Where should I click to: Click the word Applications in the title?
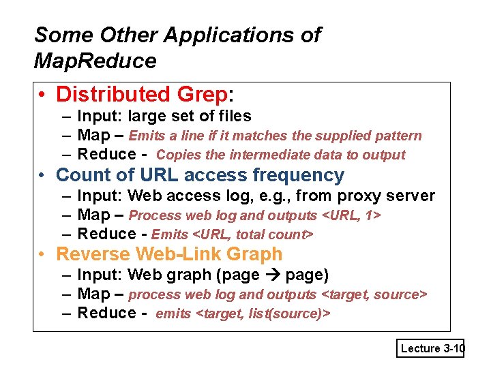tap(233, 35)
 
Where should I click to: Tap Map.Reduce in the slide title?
tap(95, 61)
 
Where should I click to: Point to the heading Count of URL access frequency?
tap(200, 175)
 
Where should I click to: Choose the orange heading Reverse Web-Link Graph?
tap(169, 254)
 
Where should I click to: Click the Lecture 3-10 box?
tap(431, 348)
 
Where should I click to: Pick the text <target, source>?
tap(374, 294)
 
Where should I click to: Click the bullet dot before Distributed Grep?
tap(42, 95)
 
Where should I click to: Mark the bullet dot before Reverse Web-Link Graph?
tap(42, 255)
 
